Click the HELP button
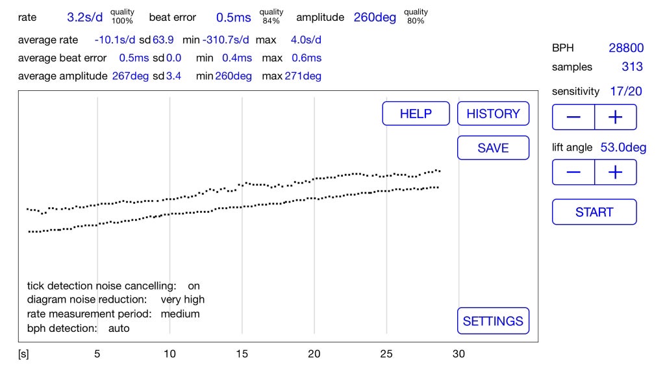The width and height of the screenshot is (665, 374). tap(416, 113)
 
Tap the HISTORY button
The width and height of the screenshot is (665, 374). tap(493, 113)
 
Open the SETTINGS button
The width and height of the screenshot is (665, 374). tap(493, 321)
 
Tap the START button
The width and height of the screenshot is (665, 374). tap(594, 212)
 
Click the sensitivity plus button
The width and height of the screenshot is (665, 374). tap(616, 117)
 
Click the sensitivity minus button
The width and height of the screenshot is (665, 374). tap(573, 117)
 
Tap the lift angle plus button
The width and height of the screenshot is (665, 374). tap(616, 172)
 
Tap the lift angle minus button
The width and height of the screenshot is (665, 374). tap(573, 172)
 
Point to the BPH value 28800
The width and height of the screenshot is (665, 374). tap(626, 48)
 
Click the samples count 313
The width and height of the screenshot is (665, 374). tap(632, 67)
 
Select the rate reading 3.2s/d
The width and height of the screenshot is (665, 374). tap(85, 18)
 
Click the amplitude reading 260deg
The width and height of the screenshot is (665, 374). tap(375, 18)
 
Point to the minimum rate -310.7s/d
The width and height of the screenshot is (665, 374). tap(225, 40)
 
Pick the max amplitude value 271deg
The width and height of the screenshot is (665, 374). tap(303, 77)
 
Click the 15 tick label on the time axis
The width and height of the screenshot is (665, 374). tap(242, 354)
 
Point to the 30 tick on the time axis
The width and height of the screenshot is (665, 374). tap(458, 354)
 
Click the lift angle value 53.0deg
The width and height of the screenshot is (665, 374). tap(623, 147)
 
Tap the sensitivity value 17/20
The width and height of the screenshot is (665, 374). tap(625, 91)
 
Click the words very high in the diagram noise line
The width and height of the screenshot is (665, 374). tap(182, 300)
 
